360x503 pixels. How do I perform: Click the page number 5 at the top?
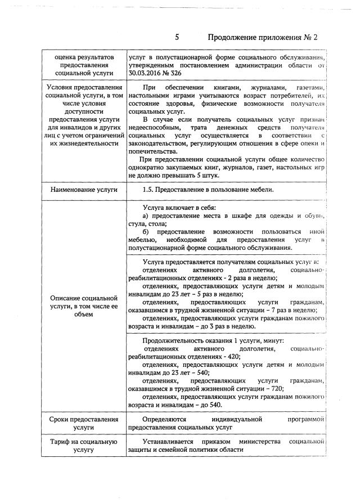[177, 38]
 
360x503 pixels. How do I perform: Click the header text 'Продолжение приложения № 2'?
[263, 38]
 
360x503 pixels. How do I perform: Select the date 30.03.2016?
[147, 73]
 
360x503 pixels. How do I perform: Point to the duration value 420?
[233, 357]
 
